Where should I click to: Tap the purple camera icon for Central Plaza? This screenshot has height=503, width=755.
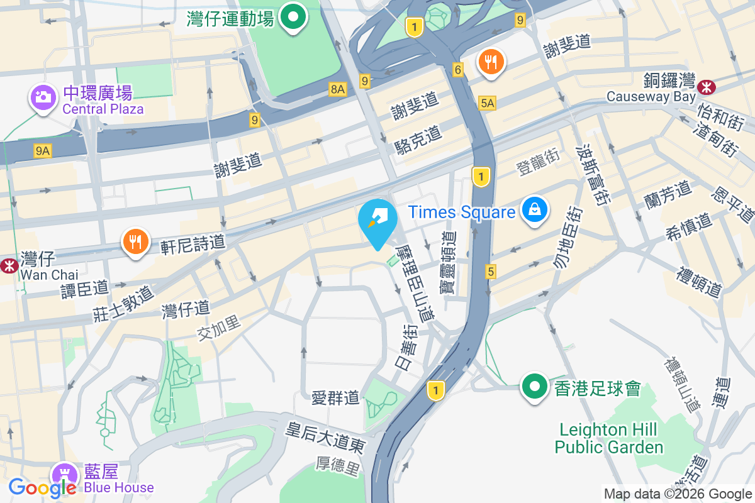coord(42,97)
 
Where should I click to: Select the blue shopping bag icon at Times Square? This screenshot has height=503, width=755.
coord(534,211)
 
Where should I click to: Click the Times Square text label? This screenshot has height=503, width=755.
coord(462,212)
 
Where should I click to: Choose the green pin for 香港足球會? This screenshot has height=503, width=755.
coord(534,386)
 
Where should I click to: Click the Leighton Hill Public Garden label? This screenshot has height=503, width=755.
coord(609,439)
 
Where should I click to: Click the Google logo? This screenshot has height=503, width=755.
coord(42,487)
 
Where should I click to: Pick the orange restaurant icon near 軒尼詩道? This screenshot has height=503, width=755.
coord(135,241)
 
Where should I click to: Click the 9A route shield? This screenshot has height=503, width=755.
coord(43,150)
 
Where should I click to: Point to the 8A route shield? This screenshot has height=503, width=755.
coord(338,90)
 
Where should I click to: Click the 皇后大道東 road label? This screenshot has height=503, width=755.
coord(325,438)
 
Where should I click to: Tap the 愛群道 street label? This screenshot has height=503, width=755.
coord(335,397)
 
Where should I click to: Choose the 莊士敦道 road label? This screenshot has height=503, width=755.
coord(123,304)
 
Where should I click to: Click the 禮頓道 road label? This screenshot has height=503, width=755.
coord(698,282)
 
